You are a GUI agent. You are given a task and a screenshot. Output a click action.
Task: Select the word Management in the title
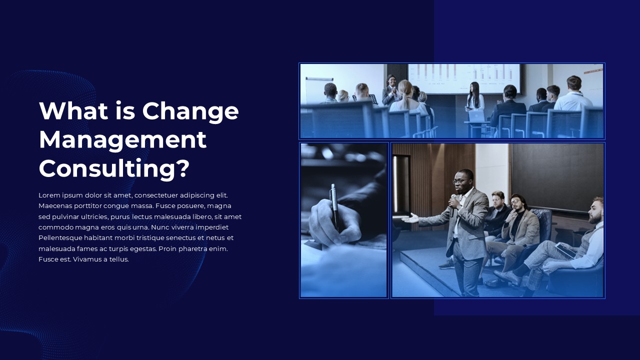point(122,139)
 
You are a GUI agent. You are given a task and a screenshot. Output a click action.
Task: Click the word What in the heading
point(73,110)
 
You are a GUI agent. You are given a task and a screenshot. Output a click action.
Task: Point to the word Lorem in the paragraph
point(49,195)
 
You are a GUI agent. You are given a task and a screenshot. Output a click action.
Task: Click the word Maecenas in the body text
point(55,206)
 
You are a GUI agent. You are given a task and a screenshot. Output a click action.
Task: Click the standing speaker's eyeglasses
point(459,181)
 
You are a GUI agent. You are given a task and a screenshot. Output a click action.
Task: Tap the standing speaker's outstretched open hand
point(410,219)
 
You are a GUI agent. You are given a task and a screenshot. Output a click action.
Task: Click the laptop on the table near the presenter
point(476,116)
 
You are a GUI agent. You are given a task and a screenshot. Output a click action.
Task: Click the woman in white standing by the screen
point(474,97)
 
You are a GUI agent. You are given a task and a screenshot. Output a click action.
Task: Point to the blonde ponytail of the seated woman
point(405,91)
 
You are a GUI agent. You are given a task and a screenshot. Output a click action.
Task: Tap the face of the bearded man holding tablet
point(595,211)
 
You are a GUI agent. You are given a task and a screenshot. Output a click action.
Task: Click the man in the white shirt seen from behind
point(573,94)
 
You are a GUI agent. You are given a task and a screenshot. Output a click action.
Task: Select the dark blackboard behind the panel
point(557,177)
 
